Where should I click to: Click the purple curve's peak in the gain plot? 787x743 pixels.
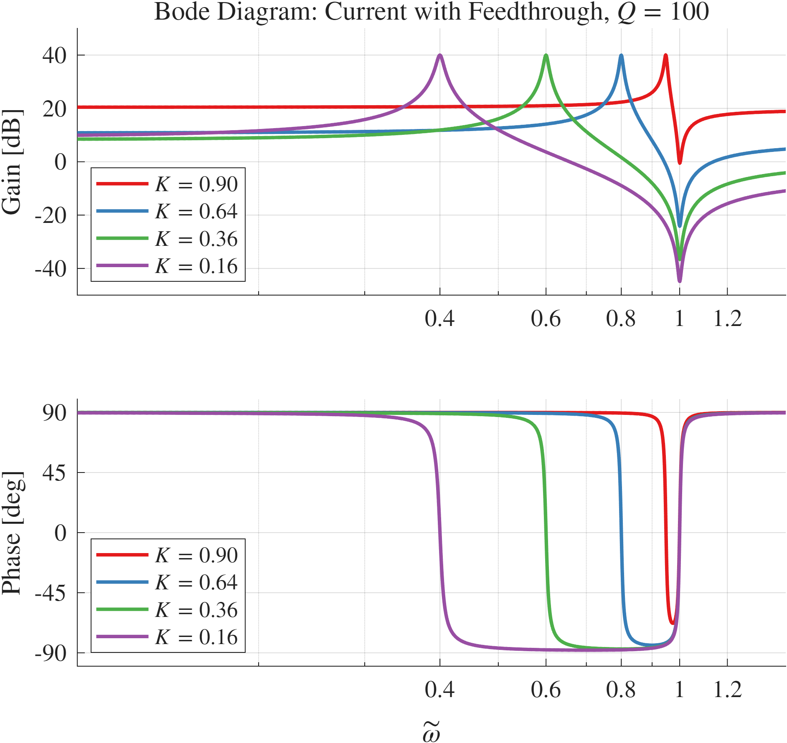pos(439,56)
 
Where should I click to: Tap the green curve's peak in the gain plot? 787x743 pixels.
pos(546,56)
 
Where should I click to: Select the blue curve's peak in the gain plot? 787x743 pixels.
pos(621,56)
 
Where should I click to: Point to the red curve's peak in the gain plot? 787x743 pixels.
pos(665,56)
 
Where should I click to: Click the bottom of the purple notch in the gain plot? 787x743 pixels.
pos(680,280)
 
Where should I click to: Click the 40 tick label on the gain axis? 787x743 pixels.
pos(54,56)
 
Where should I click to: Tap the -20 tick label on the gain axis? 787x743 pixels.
pos(50,216)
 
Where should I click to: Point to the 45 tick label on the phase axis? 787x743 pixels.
pos(54,473)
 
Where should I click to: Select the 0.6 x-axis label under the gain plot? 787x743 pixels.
pos(546,319)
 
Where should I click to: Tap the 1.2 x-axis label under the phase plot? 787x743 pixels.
pos(727,690)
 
